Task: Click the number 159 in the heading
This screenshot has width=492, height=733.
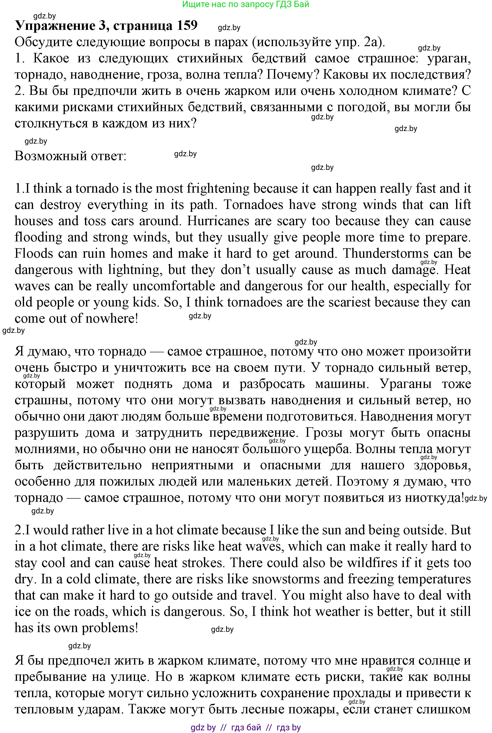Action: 187,26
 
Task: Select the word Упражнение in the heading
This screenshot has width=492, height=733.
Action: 53,26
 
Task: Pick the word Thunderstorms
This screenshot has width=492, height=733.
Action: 386,254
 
